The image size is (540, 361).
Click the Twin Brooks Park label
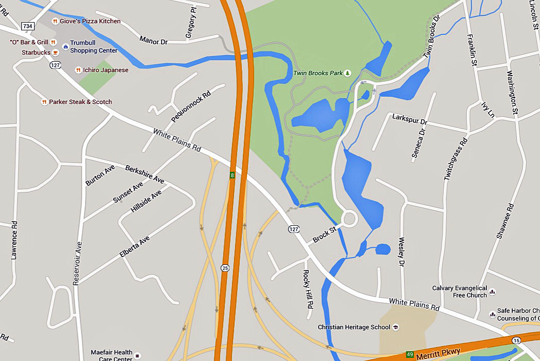click(318, 73)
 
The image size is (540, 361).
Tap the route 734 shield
click(27, 25)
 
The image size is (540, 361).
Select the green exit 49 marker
click(410, 354)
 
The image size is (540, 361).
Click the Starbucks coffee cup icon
click(56, 52)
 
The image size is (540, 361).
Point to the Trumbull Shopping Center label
click(93, 47)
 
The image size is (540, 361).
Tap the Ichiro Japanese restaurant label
click(106, 70)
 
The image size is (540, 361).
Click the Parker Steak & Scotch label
click(80, 102)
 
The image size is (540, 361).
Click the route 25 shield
click(224, 268)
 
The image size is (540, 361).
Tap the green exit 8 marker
click(233, 175)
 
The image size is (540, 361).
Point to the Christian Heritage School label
click(354, 327)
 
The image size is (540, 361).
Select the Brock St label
click(324, 234)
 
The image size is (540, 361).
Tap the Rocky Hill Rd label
click(308, 289)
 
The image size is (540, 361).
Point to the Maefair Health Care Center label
click(112, 355)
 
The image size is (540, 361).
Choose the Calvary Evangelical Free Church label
click(459, 292)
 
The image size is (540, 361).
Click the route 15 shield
click(516, 340)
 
